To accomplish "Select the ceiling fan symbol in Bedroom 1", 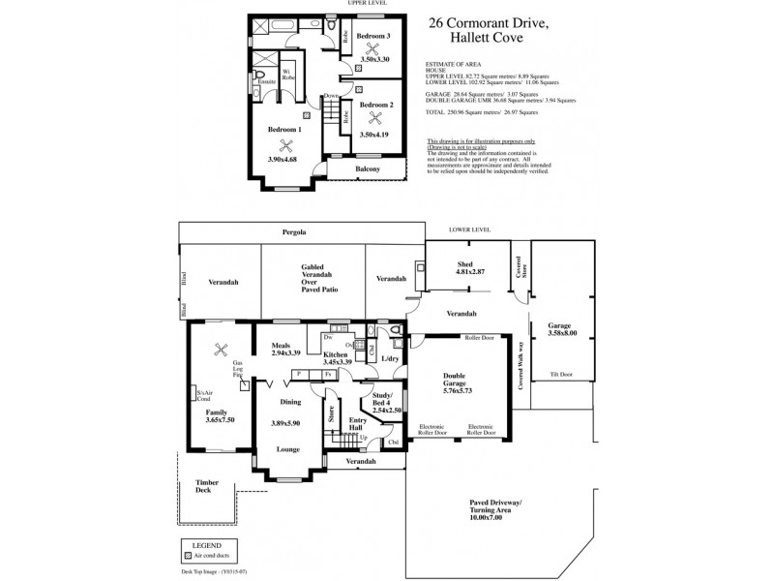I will pyautogui.click(x=284, y=146).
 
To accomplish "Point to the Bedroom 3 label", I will pyautogui.click(x=372, y=36).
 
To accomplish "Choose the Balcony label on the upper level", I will pyautogui.click(x=367, y=168).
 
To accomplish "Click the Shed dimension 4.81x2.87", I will pyautogui.click(x=468, y=272).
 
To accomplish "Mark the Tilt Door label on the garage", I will pyautogui.click(x=560, y=373).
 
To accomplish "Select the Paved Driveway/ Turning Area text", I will pyautogui.click(x=494, y=510).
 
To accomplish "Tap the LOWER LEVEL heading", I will pyautogui.click(x=470, y=229).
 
